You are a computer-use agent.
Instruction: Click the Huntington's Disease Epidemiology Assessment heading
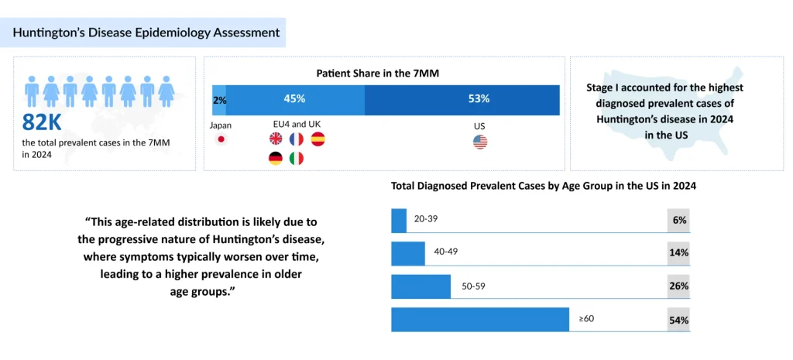(x=146, y=33)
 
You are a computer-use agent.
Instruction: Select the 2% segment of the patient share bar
(x=219, y=99)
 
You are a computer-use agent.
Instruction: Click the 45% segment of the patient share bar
(x=294, y=99)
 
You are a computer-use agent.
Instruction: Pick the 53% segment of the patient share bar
(x=479, y=99)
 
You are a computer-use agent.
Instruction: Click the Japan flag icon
(x=221, y=140)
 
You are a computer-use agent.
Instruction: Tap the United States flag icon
(x=480, y=142)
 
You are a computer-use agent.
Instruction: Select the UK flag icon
(x=276, y=139)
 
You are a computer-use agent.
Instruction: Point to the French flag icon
(x=297, y=139)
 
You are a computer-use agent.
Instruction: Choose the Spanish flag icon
(x=318, y=139)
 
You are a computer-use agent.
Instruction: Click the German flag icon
(x=276, y=158)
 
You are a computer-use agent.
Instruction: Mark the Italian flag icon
(x=297, y=158)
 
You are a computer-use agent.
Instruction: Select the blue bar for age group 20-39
(x=399, y=220)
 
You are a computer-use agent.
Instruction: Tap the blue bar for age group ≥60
(x=480, y=319)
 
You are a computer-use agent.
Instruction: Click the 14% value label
(x=679, y=253)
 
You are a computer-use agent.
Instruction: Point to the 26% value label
(x=679, y=286)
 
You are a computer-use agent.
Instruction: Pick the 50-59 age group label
(x=473, y=286)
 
